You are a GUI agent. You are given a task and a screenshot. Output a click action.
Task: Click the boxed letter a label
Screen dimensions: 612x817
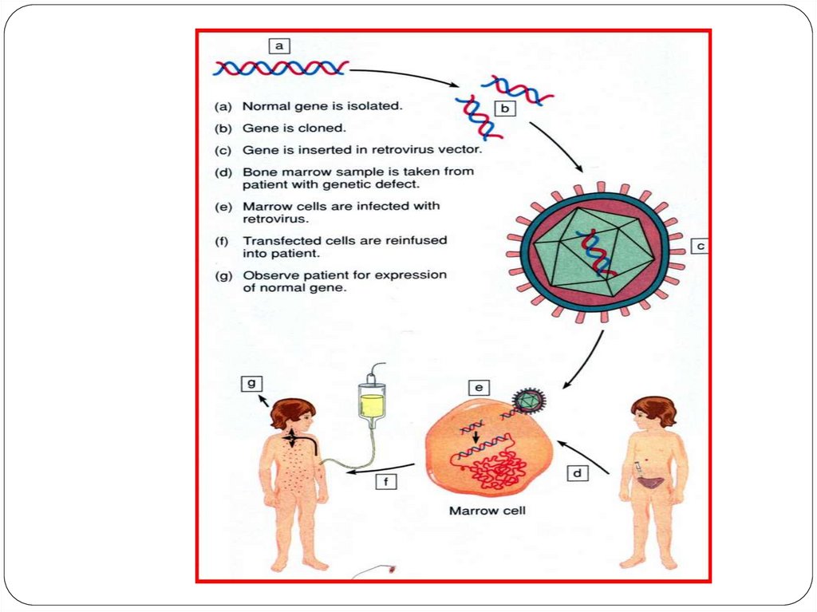(x=278, y=46)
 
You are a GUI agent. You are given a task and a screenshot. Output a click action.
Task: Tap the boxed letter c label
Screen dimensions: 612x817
(x=700, y=247)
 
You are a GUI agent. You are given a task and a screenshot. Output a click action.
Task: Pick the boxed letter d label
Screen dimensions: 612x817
(x=577, y=474)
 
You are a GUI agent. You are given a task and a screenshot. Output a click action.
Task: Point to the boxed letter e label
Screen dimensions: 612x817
(x=479, y=388)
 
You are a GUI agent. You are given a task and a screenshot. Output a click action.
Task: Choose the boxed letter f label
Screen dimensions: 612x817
(x=386, y=481)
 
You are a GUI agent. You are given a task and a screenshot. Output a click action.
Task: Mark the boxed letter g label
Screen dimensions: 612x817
(x=251, y=383)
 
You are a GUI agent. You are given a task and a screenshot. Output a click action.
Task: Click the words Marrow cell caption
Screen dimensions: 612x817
(x=487, y=510)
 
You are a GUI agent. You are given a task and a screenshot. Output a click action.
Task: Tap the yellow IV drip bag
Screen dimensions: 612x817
(x=372, y=404)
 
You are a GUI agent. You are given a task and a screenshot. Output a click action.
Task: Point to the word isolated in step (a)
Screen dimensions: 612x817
(x=377, y=105)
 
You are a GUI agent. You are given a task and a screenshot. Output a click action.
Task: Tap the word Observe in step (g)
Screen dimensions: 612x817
(x=269, y=275)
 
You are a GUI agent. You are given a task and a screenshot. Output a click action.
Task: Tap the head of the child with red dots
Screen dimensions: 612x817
(x=292, y=415)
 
